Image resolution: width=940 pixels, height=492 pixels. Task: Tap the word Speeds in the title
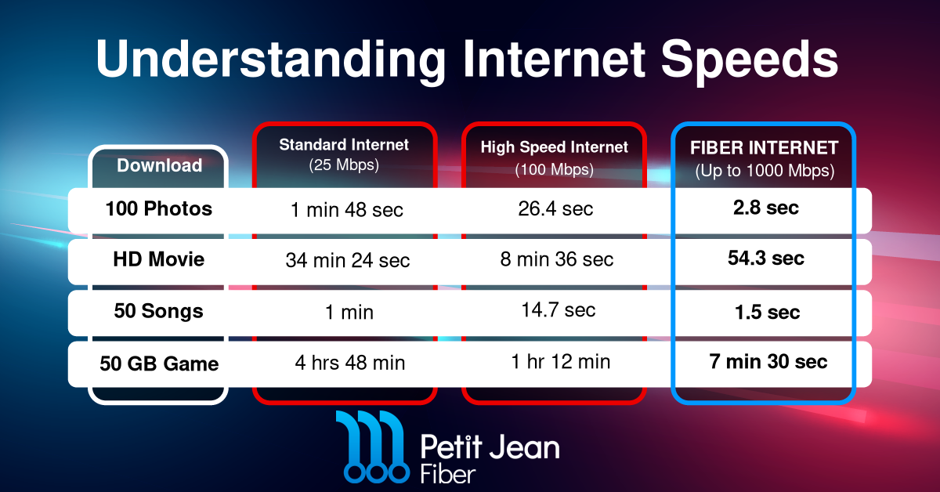click(x=749, y=61)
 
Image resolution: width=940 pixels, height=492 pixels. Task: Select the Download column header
click(x=160, y=165)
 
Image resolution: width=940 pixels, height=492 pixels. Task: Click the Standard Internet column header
click(x=344, y=145)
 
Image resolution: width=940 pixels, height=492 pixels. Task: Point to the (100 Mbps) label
click(x=554, y=169)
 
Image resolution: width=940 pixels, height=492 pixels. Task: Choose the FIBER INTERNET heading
click(x=765, y=148)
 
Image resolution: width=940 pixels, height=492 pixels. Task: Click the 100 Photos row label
click(x=158, y=208)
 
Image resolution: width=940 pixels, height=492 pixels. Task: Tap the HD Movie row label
click(x=158, y=259)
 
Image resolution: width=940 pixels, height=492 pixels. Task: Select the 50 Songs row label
click(x=158, y=311)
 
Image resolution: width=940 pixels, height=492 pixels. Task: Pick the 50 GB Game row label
click(x=159, y=364)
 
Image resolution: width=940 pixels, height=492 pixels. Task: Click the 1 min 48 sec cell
click(x=346, y=209)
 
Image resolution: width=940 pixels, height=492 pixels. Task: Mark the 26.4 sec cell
click(x=555, y=208)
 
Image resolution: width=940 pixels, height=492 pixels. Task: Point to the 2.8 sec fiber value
click(x=766, y=208)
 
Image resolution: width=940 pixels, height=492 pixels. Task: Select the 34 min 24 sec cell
click(x=348, y=260)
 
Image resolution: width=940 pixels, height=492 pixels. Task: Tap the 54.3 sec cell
click(x=766, y=258)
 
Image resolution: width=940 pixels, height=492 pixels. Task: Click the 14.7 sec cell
click(x=558, y=309)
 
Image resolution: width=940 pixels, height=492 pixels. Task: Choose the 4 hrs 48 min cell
click(x=350, y=363)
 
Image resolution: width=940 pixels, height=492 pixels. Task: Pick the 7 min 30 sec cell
click(x=768, y=361)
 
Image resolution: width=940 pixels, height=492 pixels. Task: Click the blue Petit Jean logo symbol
click(x=374, y=447)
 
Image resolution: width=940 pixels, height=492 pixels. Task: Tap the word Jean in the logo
click(x=525, y=447)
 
